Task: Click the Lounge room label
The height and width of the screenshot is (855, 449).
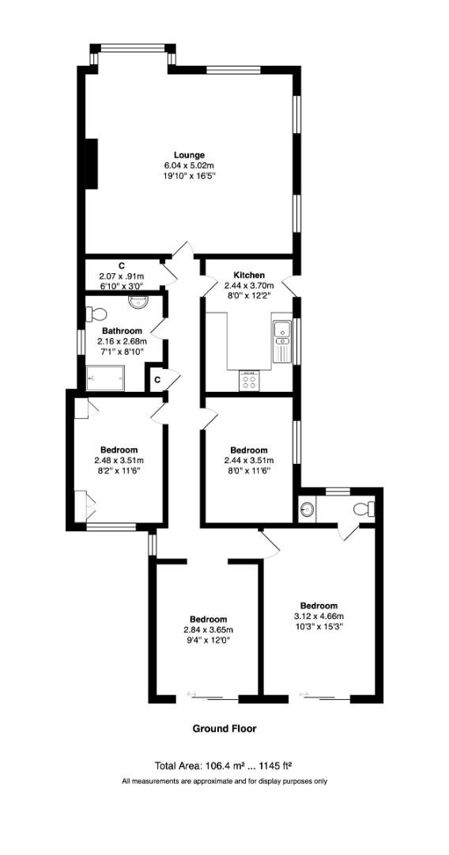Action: coord(190,155)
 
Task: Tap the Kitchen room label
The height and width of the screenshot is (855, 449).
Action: coord(249,275)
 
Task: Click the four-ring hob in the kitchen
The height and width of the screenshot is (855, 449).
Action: coord(249,381)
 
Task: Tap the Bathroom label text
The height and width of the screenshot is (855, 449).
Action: coord(122,331)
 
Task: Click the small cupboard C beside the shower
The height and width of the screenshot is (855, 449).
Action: coord(157,380)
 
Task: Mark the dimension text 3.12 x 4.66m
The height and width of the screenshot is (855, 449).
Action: coord(319,616)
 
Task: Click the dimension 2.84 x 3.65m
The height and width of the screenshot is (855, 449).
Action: coord(208,630)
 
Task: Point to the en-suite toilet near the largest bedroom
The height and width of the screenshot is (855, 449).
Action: coord(364,508)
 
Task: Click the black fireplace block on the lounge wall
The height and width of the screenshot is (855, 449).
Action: coord(91,164)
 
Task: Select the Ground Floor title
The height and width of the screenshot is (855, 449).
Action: coord(224,728)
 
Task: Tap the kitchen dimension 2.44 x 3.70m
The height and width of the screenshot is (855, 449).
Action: coord(249,286)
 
